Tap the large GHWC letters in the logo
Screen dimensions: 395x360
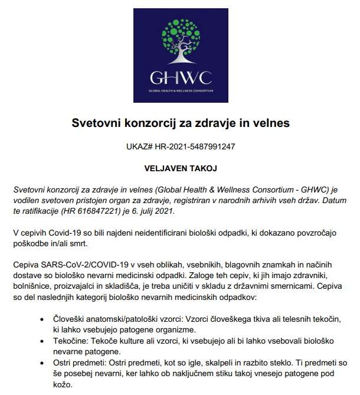[179, 78]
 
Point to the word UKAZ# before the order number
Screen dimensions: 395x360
[140, 146]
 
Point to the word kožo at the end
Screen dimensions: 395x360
[61, 383]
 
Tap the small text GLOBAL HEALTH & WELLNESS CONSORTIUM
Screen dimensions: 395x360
[179, 92]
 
